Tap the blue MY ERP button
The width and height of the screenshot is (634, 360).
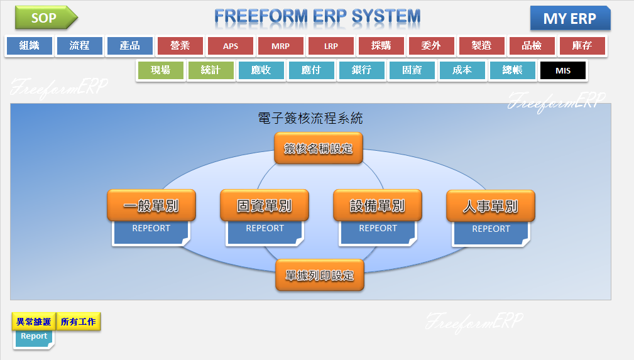[570, 18]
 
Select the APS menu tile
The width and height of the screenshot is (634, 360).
[231, 46]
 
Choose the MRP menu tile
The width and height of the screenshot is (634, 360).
[281, 46]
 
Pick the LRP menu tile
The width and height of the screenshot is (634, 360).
[331, 46]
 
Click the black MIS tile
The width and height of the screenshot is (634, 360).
[563, 70]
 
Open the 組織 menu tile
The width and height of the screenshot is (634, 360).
[30, 46]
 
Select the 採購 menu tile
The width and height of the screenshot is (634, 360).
[381, 46]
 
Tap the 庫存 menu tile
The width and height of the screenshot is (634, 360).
[582, 46]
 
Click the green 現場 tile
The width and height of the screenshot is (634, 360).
[160, 70]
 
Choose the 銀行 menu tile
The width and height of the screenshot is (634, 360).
[361, 70]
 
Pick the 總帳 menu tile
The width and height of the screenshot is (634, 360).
[512, 70]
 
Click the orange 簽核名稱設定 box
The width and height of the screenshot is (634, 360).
[318, 148]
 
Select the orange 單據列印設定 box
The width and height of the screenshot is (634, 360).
[319, 275]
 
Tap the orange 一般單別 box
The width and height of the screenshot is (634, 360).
[151, 205]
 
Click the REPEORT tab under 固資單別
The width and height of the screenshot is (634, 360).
[265, 233]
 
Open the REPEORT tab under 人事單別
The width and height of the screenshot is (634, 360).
[491, 233]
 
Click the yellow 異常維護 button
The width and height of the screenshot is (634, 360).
[33, 322]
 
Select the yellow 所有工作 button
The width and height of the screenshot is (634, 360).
[79, 322]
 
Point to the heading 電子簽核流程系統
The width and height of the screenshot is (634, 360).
[310, 118]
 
